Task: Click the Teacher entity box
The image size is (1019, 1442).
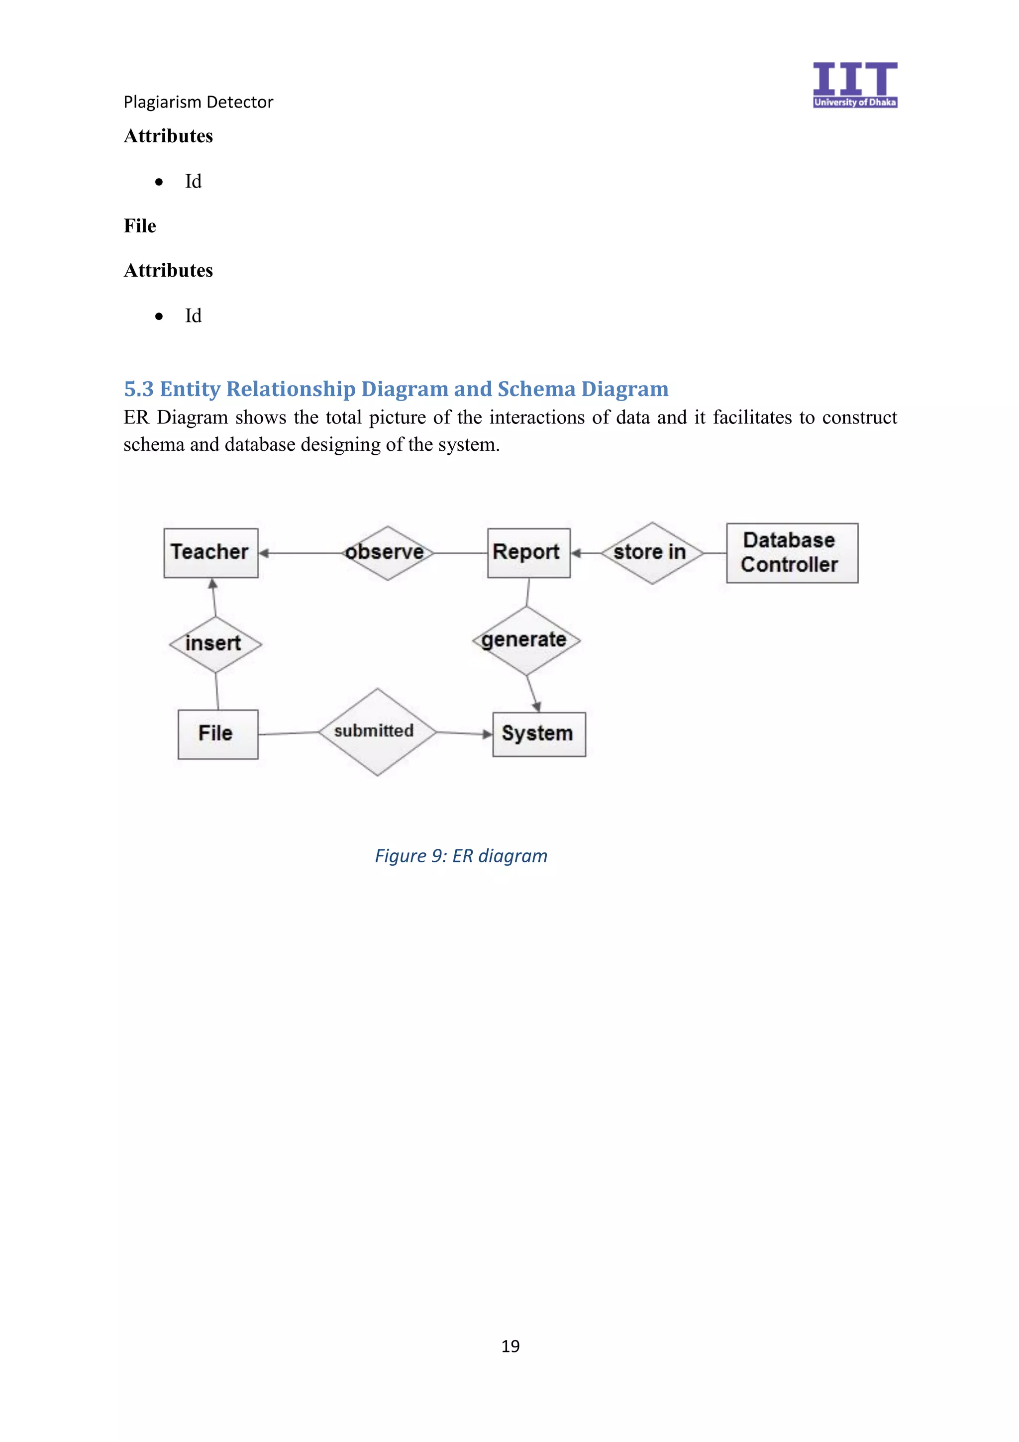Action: [211, 553]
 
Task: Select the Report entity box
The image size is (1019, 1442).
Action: [528, 553]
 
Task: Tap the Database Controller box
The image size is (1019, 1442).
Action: [792, 553]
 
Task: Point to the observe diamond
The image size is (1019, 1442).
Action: [388, 553]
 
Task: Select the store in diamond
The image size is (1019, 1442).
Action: [652, 553]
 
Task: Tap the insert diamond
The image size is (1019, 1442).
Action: [215, 644]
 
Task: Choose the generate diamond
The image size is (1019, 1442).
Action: [525, 640]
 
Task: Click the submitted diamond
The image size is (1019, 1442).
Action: [377, 731]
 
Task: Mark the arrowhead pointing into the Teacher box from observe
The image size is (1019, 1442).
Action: [264, 553]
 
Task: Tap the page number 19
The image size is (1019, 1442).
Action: [510, 1346]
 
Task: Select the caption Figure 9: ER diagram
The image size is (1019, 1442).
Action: [461, 856]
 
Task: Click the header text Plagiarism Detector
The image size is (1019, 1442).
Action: [199, 102]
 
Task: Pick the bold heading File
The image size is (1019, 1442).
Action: [140, 226]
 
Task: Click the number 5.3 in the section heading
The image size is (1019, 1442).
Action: [139, 390]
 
